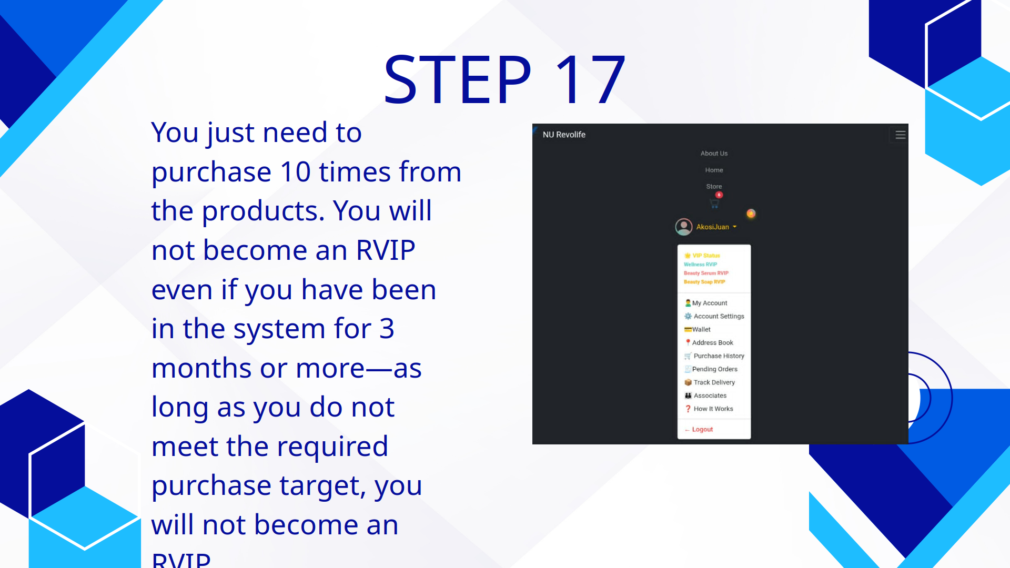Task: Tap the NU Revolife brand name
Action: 564,135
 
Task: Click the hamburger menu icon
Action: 900,135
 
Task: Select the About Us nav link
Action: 714,154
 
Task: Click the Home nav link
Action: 714,170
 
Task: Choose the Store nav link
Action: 714,186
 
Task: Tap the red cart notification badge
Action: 719,195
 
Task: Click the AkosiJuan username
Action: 713,227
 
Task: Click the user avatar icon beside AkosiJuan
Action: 683,227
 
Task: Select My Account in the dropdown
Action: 710,303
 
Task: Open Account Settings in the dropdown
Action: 719,316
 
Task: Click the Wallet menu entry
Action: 701,329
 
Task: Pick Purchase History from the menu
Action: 719,356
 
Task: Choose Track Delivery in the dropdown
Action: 714,382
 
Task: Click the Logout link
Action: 702,430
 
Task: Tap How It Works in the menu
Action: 713,409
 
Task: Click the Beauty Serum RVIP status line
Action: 706,273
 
